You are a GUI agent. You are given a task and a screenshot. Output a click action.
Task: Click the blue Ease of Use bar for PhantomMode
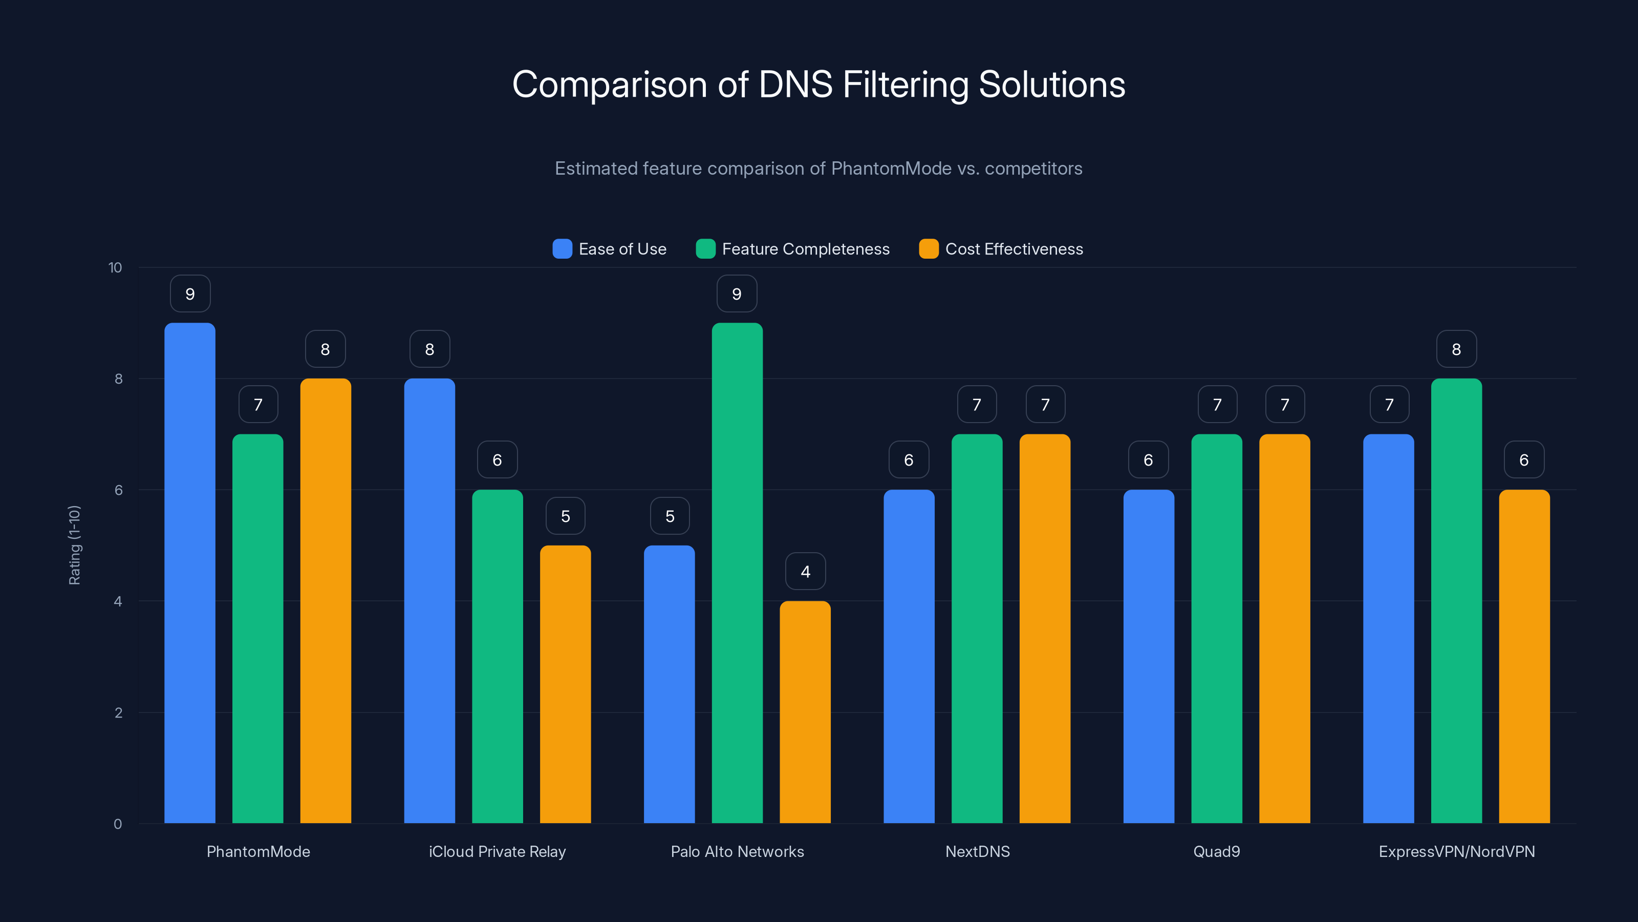click(189, 573)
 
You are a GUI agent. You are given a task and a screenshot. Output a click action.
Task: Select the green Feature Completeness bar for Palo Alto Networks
click(737, 573)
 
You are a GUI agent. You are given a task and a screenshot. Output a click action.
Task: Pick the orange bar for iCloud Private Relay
click(565, 684)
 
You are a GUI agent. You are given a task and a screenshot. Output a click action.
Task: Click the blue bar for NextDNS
click(909, 656)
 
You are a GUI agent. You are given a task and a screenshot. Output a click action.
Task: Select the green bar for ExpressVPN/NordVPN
click(1456, 601)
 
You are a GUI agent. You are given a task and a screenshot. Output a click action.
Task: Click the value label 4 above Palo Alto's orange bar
click(805, 572)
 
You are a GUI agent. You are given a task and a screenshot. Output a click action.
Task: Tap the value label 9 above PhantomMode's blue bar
click(190, 294)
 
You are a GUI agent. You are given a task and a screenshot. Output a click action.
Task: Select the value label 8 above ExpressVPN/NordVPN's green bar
click(1456, 349)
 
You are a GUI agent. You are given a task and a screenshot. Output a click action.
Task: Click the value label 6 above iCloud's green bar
click(497, 460)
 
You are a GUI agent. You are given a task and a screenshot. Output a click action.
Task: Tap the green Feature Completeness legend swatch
click(706, 249)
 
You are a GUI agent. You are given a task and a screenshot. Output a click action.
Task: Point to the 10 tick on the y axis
click(115, 267)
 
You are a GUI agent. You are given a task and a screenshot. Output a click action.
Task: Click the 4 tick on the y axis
click(118, 601)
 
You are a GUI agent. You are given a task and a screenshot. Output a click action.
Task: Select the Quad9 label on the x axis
click(1216, 851)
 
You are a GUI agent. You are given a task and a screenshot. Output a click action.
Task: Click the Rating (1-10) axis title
click(74, 546)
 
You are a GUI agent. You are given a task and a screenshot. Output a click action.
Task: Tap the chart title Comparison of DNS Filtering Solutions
click(818, 85)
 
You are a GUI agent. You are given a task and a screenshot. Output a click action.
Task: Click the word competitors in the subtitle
click(1033, 169)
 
